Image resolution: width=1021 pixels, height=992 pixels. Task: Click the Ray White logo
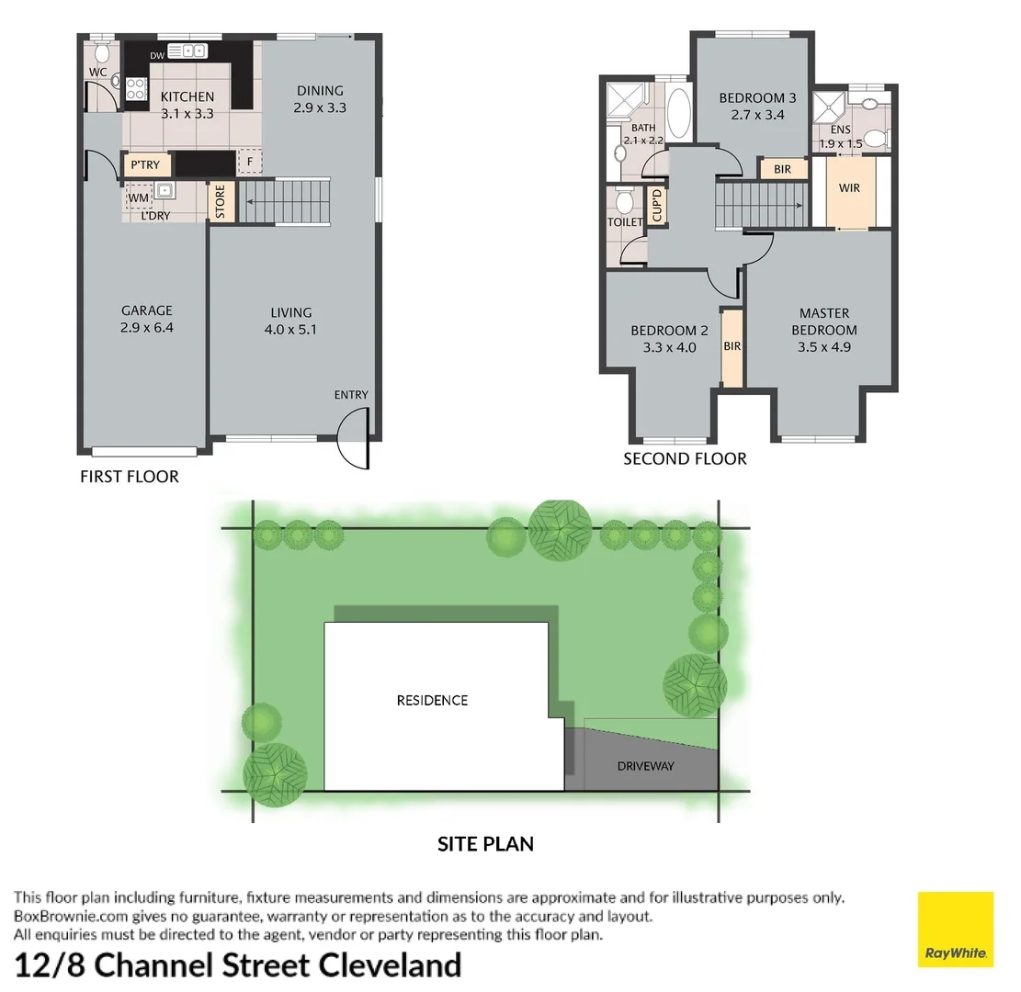[x=956, y=929]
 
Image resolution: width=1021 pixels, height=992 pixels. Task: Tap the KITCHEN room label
[x=187, y=96]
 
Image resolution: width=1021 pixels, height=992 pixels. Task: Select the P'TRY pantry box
[x=145, y=165]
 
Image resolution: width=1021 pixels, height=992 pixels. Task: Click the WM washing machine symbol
[x=138, y=197]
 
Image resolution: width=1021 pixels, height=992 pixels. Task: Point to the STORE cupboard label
[x=221, y=202]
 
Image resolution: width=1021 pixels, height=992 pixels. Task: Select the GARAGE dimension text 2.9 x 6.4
[x=147, y=327]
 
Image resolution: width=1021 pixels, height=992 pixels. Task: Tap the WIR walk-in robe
[x=850, y=188]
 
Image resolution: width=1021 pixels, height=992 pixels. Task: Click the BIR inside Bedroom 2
[x=732, y=346]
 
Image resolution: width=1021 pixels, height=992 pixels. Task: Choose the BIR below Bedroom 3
[x=783, y=169]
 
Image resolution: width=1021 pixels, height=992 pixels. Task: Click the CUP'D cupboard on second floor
[x=657, y=204]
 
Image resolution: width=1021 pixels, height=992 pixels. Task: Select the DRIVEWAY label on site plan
[x=645, y=765]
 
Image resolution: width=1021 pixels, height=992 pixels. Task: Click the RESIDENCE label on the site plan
[x=432, y=700]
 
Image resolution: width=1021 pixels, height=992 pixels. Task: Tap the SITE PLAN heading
[x=485, y=843]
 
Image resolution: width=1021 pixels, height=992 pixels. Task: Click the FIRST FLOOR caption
[x=130, y=476]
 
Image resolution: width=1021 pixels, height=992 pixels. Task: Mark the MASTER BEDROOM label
[x=824, y=321]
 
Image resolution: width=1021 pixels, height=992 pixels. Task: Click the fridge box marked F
[x=249, y=163]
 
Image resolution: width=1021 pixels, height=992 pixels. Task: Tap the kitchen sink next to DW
[x=193, y=51]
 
